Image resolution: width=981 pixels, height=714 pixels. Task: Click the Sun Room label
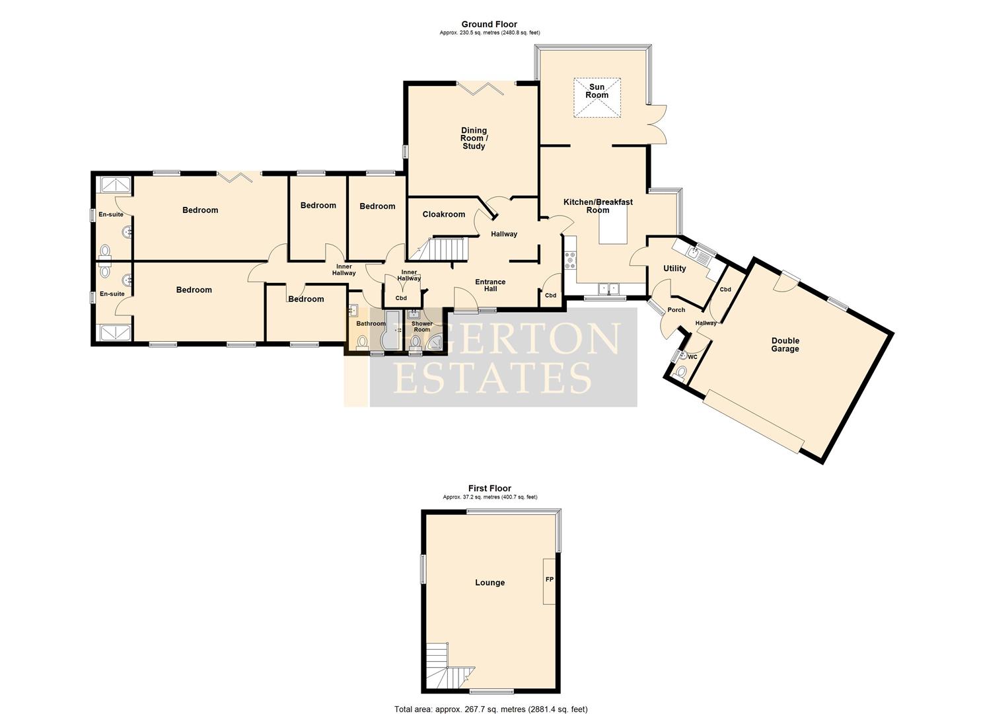[x=597, y=91]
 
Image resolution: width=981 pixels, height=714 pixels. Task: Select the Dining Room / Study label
[x=474, y=138]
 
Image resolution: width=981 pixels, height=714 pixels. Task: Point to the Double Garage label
[x=785, y=345]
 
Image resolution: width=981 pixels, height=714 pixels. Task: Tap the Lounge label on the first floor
[x=490, y=582]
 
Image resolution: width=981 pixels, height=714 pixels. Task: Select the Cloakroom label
[x=444, y=214]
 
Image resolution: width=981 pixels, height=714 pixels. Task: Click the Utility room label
[x=674, y=268]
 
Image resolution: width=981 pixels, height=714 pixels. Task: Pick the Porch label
[x=676, y=309]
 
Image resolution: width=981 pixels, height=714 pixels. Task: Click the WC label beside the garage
[x=692, y=357]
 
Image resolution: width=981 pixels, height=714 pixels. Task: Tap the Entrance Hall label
[x=490, y=285]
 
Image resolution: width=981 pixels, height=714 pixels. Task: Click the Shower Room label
[x=421, y=327]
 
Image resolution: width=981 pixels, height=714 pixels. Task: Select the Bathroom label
[x=371, y=323]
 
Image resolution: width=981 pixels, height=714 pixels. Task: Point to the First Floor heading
[x=490, y=489]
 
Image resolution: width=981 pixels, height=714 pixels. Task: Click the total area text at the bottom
[x=490, y=709]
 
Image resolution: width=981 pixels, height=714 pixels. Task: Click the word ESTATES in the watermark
[x=491, y=377]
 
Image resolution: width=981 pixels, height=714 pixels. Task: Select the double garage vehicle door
[x=754, y=420]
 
